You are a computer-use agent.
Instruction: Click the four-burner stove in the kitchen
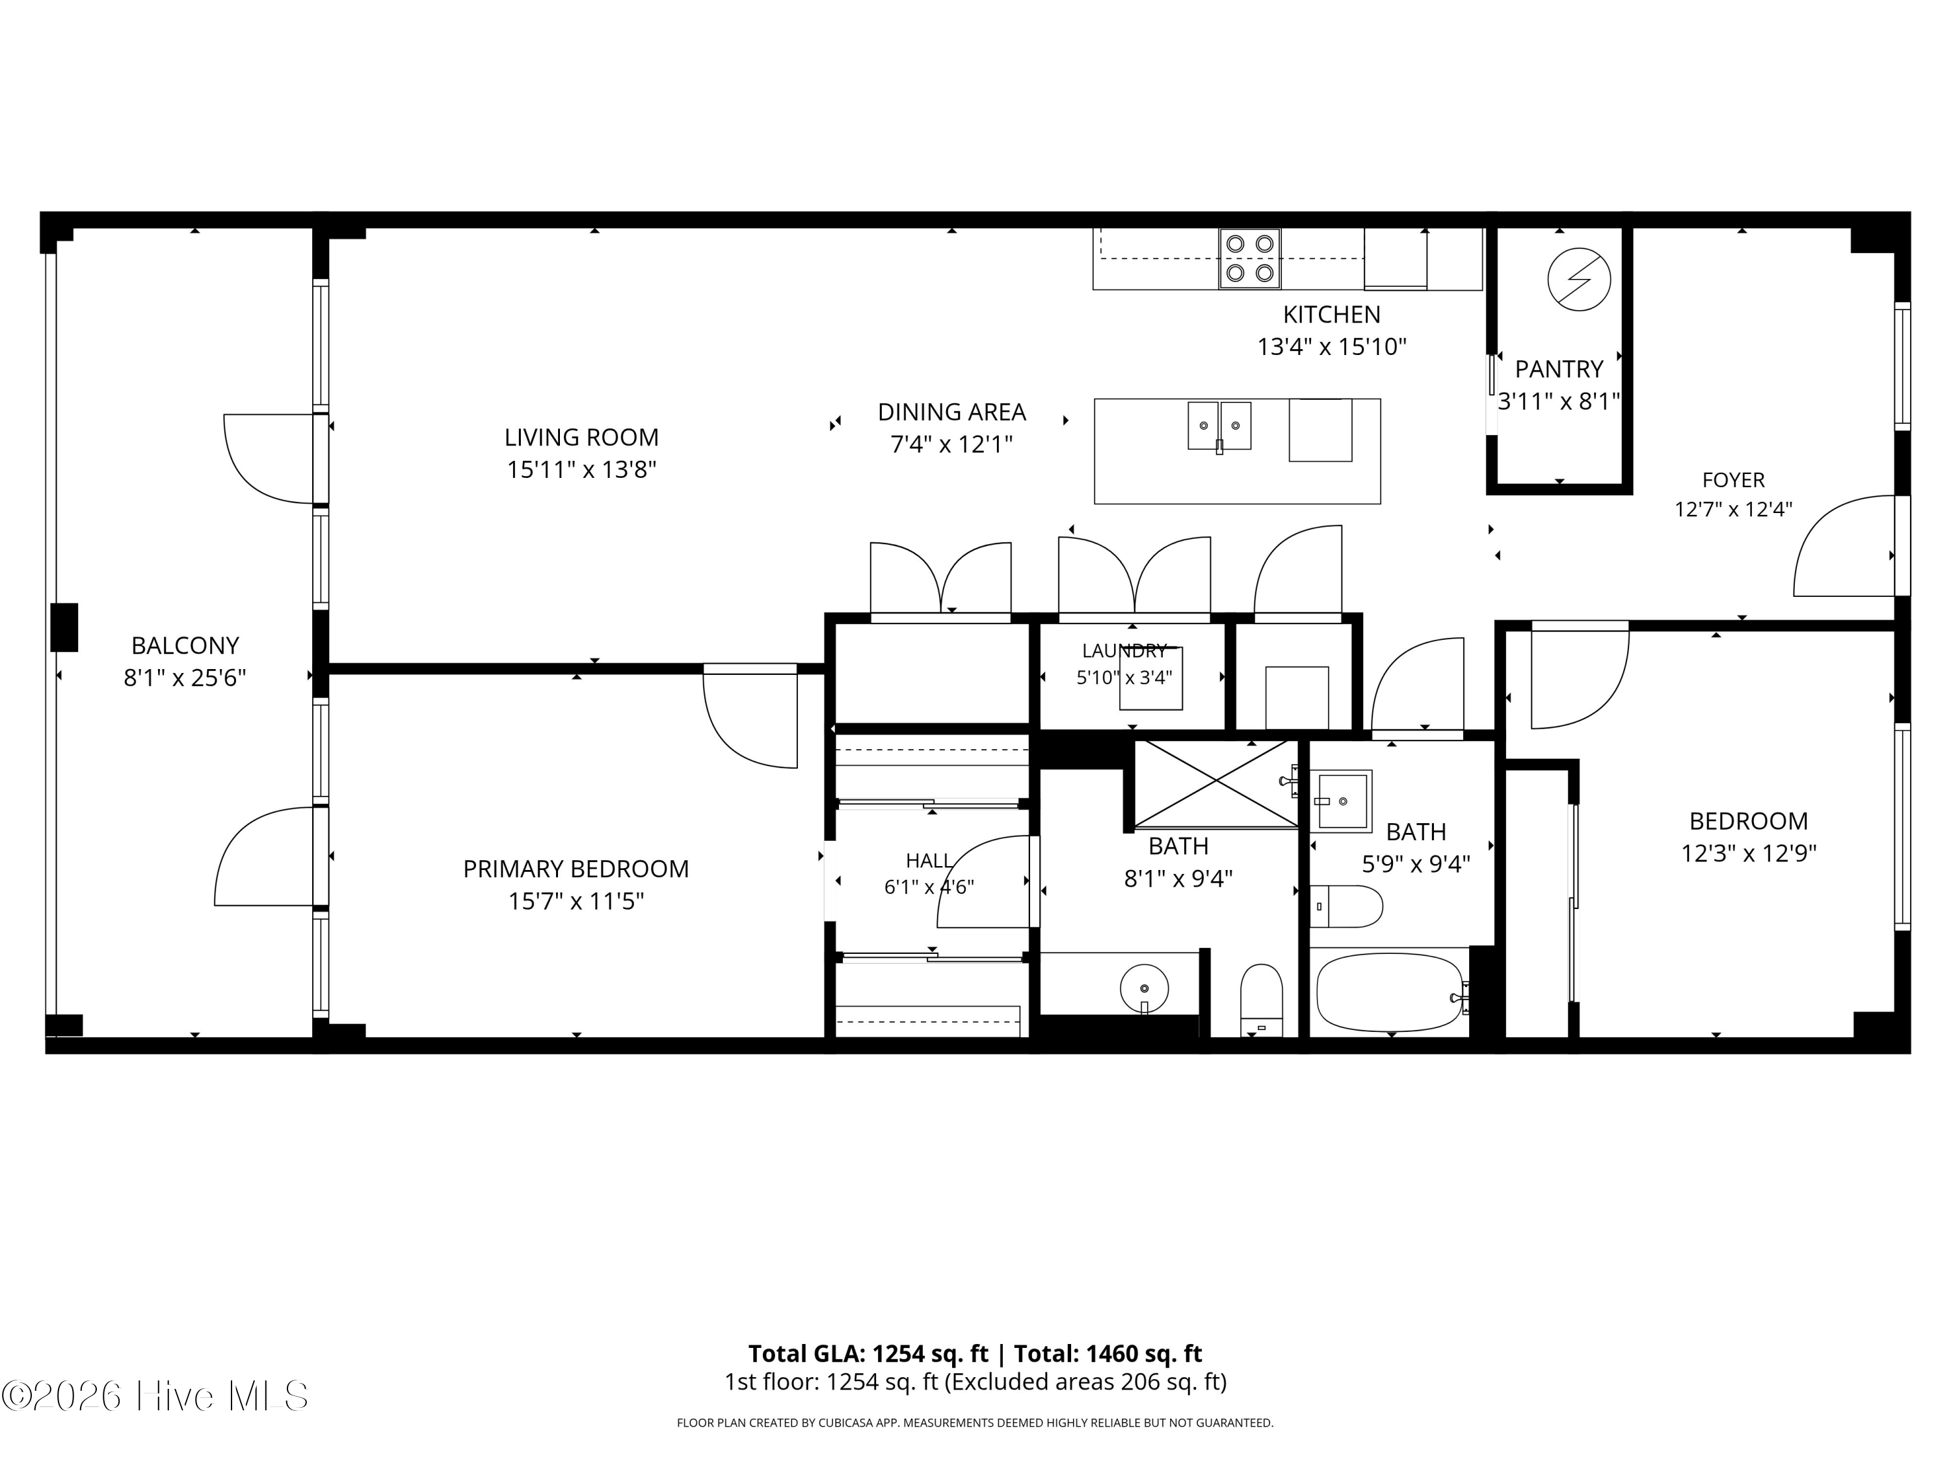[1250, 258]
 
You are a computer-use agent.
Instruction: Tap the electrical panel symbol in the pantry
[1579, 280]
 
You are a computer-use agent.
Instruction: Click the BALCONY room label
[185, 646]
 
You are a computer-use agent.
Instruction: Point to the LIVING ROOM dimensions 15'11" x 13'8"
[581, 470]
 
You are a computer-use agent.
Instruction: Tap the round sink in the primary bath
[1144, 988]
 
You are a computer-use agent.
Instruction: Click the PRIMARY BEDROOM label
[576, 869]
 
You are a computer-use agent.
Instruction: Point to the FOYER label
[1733, 480]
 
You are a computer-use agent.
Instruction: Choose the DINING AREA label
[951, 412]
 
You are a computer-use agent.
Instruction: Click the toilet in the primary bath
[1261, 999]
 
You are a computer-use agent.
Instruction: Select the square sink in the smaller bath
[1340, 800]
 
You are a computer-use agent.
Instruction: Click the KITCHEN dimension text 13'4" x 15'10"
[1332, 347]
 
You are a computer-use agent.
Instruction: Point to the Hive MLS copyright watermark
[154, 1396]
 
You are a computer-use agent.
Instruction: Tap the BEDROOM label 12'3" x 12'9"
[1748, 837]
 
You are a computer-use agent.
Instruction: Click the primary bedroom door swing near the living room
[750, 716]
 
